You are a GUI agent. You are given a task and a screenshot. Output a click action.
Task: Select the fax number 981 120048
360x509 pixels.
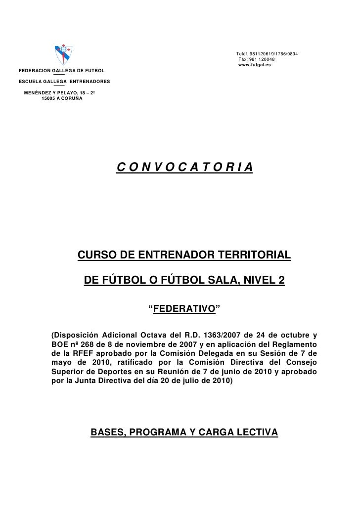point(254,59)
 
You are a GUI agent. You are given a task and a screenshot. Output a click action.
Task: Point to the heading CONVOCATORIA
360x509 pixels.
point(185,168)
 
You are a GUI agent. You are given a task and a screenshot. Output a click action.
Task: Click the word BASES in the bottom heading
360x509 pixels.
point(106,433)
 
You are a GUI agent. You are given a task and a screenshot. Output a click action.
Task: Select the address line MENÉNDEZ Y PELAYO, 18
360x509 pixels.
point(59,93)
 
